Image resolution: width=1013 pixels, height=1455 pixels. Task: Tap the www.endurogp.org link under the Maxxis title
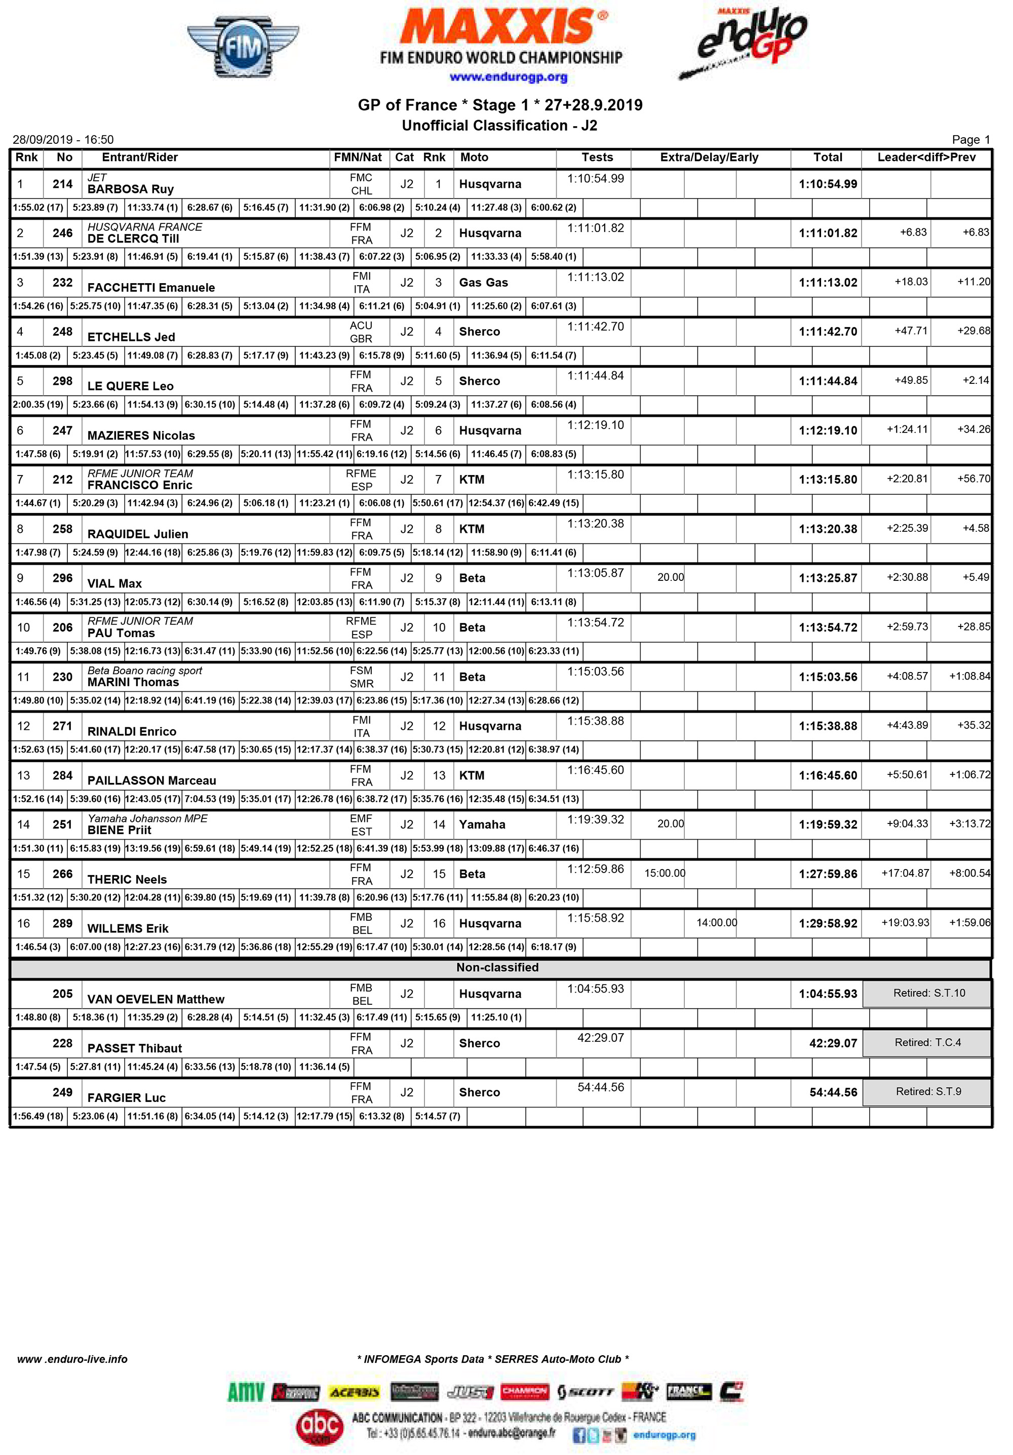pyautogui.click(x=508, y=77)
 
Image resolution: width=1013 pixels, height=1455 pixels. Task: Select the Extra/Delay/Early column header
pyautogui.click(x=709, y=157)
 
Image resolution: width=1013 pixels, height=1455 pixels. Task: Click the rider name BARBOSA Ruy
pyautogui.click(x=131, y=189)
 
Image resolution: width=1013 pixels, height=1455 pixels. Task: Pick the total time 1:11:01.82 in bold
pyautogui.click(x=827, y=233)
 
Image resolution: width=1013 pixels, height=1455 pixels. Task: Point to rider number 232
pyautogui.click(x=62, y=283)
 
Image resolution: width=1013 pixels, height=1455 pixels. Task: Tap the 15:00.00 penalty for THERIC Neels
pyautogui.click(x=665, y=873)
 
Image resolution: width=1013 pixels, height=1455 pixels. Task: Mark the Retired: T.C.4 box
pyautogui.click(x=927, y=1042)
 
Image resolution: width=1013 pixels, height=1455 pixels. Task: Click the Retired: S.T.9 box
pyautogui.click(x=927, y=1091)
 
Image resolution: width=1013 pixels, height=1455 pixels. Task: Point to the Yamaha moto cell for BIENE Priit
pyautogui.click(x=482, y=824)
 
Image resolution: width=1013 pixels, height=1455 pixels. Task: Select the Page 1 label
pyautogui.click(x=970, y=139)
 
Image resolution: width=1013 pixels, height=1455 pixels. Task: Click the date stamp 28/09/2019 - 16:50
pyautogui.click(x=63, y=139)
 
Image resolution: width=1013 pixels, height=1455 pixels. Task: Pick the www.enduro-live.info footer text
pyautogui.click(x=72, y=1359)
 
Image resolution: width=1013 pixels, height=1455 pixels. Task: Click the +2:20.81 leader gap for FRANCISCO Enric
pyautogui.click(x=907, y=479)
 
